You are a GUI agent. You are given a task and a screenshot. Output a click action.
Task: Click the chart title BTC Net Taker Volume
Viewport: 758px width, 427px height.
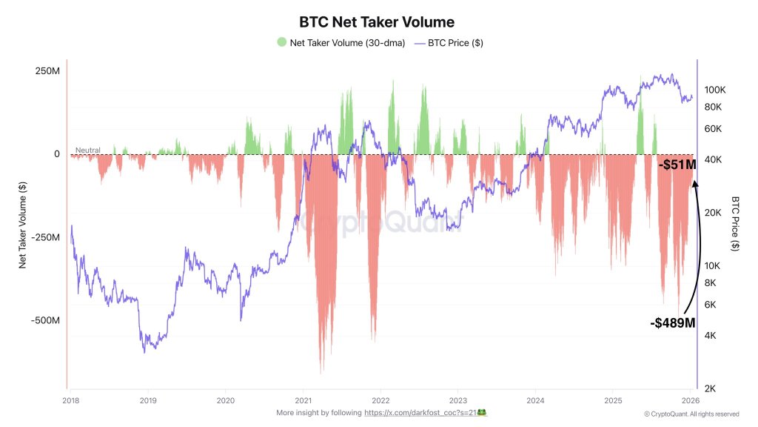[376, 22]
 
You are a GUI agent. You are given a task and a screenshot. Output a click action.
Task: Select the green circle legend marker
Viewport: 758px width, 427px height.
[281, 42]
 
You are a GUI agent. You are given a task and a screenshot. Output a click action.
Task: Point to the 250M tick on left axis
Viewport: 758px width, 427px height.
[46, 70]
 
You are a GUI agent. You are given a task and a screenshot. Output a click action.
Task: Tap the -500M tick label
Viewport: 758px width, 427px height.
[44, 320]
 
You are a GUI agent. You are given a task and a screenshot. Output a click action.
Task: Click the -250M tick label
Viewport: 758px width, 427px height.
[44, 237]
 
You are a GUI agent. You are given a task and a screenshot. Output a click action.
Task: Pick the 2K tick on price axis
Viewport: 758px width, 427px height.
[709, 388]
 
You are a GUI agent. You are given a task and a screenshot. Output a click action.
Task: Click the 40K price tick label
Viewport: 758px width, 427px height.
[711, 160]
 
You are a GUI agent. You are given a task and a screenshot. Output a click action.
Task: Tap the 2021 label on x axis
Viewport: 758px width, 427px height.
[303, 397]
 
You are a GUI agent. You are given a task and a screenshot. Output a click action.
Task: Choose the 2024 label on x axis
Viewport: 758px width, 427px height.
[535, 397]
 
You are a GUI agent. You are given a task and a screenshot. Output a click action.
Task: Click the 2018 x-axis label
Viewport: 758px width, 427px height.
[70, 397]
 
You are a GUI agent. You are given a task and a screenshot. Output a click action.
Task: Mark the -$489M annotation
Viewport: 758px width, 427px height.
[673, 322]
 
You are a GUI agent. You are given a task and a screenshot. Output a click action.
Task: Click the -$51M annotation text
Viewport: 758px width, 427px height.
[677, 165]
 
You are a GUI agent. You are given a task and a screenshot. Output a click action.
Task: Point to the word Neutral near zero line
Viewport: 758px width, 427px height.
[87, 150]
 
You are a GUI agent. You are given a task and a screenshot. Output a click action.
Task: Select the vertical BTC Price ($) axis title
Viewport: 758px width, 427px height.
[735, 222]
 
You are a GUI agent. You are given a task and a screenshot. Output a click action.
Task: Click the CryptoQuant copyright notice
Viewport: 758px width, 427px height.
[691, 414]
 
